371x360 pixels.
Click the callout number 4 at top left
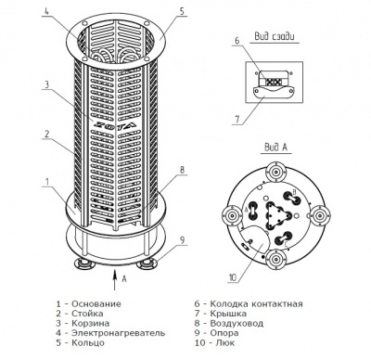point(46,11)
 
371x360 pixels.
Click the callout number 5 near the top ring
point(182,11)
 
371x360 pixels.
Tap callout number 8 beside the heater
point(182,170)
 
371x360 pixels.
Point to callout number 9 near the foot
point(183,240)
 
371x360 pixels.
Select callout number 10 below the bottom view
point(232,277)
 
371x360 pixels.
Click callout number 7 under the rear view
point(237,120)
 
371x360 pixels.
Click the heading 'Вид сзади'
point(275,36)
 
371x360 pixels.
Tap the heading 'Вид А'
point(275,148)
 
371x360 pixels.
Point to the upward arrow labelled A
point(115,280)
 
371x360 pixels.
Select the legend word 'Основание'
point(96,303)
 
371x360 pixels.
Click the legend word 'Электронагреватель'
point(119,333)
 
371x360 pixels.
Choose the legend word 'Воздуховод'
point(237,324)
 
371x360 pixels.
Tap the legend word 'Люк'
point(222,342)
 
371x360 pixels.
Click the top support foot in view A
point(275,171)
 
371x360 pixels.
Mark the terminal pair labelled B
point(291,197)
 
